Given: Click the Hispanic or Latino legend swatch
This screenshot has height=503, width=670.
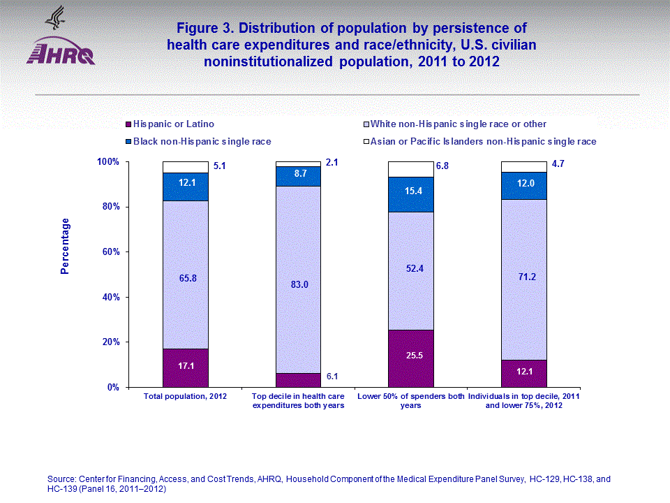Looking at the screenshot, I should point(128,124).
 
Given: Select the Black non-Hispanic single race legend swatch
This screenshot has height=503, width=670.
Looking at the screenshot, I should point(128,141).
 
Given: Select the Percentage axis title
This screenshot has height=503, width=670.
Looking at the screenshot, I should point(65,246).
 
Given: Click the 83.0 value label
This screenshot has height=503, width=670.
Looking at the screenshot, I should point(298,284).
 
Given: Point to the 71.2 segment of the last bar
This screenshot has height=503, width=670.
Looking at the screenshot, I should point(523,277).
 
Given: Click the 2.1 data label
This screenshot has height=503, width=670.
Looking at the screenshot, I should point(332,163).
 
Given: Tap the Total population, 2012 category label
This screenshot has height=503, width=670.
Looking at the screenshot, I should point(185,396).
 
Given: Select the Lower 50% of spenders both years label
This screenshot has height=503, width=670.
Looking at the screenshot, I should point(410,400).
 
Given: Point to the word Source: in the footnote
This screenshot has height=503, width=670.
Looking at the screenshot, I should point(61,479).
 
